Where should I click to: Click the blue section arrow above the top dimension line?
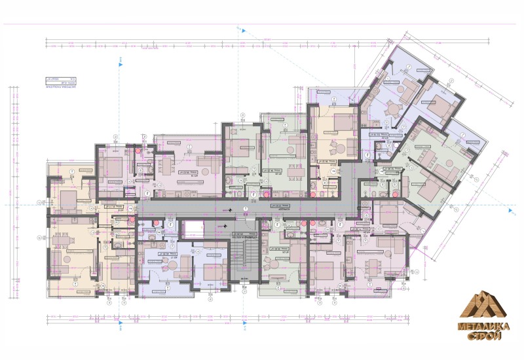coord(243,30)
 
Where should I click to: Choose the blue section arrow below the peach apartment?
coord(122,322)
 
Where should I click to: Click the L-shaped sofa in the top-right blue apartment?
coord(410,88)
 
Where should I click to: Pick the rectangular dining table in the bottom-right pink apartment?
coord(374,264)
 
